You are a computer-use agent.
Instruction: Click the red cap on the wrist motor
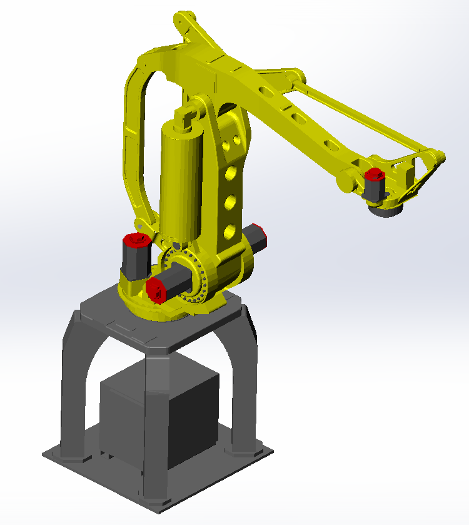click(x=375, y=173)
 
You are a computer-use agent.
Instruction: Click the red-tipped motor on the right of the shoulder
click(x=257, y=236)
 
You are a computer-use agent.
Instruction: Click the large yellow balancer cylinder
click(x=180, y=178)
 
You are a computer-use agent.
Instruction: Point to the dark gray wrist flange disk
click(x=387, y=212)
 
